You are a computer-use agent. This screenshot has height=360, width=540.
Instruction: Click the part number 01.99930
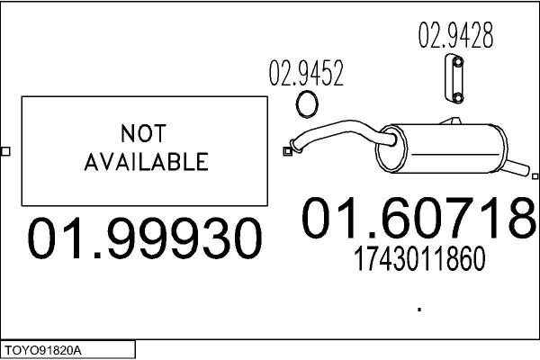tap(145, 238)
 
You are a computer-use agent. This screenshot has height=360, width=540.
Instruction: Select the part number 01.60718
tap(419, 218)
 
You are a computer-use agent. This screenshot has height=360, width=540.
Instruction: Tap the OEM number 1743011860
tap(419, 258)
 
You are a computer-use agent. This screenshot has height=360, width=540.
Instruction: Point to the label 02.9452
tap(306, 73)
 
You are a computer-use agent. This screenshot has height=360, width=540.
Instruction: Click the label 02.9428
tap(455, 35)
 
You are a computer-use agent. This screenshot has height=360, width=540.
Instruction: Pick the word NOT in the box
tap(144, 133)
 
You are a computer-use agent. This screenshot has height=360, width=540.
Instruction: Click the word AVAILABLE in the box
tap(147, 162)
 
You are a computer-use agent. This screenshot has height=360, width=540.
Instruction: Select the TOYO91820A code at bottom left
tap(43, 351)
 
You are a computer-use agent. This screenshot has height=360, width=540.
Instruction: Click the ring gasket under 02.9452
tap(307, 104)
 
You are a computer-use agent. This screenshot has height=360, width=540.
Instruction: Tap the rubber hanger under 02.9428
tap(454, 78)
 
